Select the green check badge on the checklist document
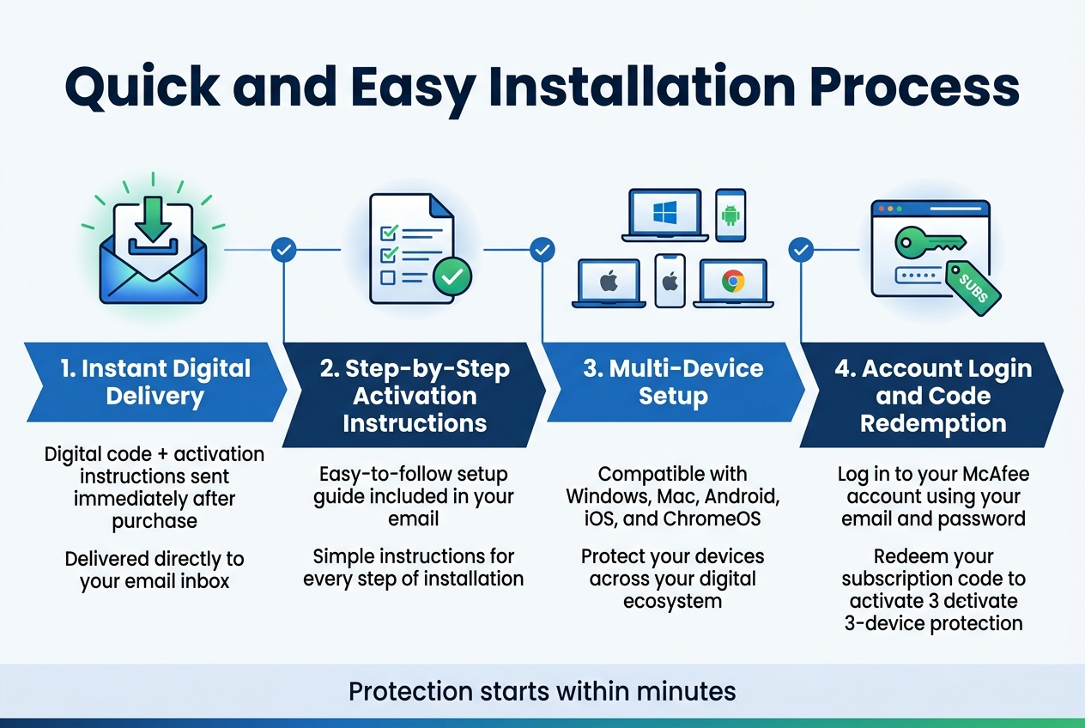point(452,276)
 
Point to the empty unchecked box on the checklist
point(388,277)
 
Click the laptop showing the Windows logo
point(665,215)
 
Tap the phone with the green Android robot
point(730,215)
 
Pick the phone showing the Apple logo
point(670,281)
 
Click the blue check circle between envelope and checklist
point(283,250)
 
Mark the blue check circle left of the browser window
point(801,250)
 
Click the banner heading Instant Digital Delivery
point(155,383)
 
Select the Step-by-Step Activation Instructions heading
point(415,396)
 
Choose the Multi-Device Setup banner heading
point(673,383)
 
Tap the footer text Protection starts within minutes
point(542,691)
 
